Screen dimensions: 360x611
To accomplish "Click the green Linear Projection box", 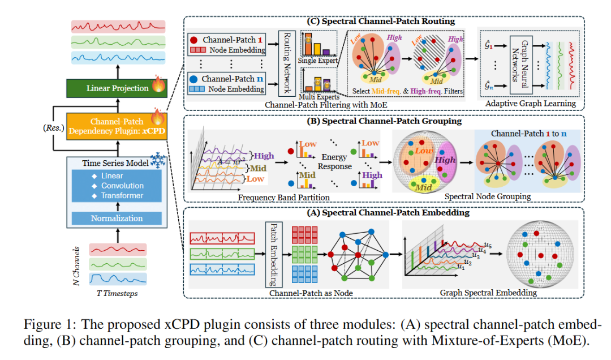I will [x=118, y=88].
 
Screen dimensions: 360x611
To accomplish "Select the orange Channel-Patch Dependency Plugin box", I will [x=113, y=126].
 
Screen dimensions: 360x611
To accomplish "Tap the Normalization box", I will [x=118, y=218].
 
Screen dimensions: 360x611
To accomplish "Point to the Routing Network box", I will [x=287, y=63].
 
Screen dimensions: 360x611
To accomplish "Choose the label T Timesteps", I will [x=117, y=293].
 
